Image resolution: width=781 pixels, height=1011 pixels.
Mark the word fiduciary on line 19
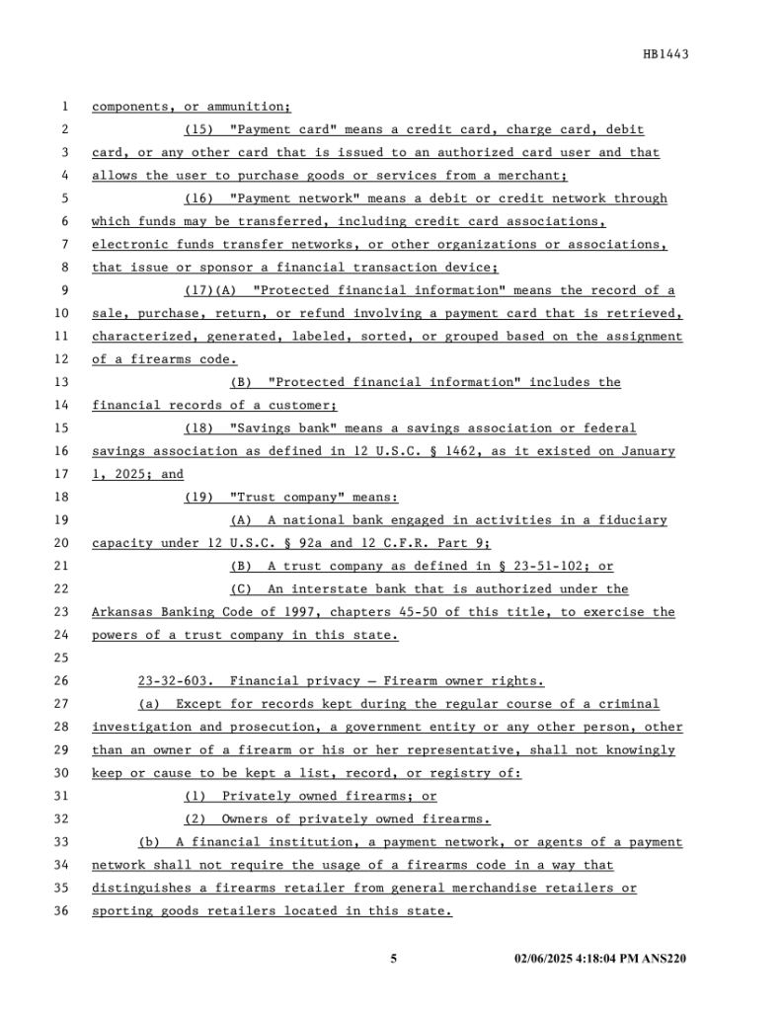tap(632, 520)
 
